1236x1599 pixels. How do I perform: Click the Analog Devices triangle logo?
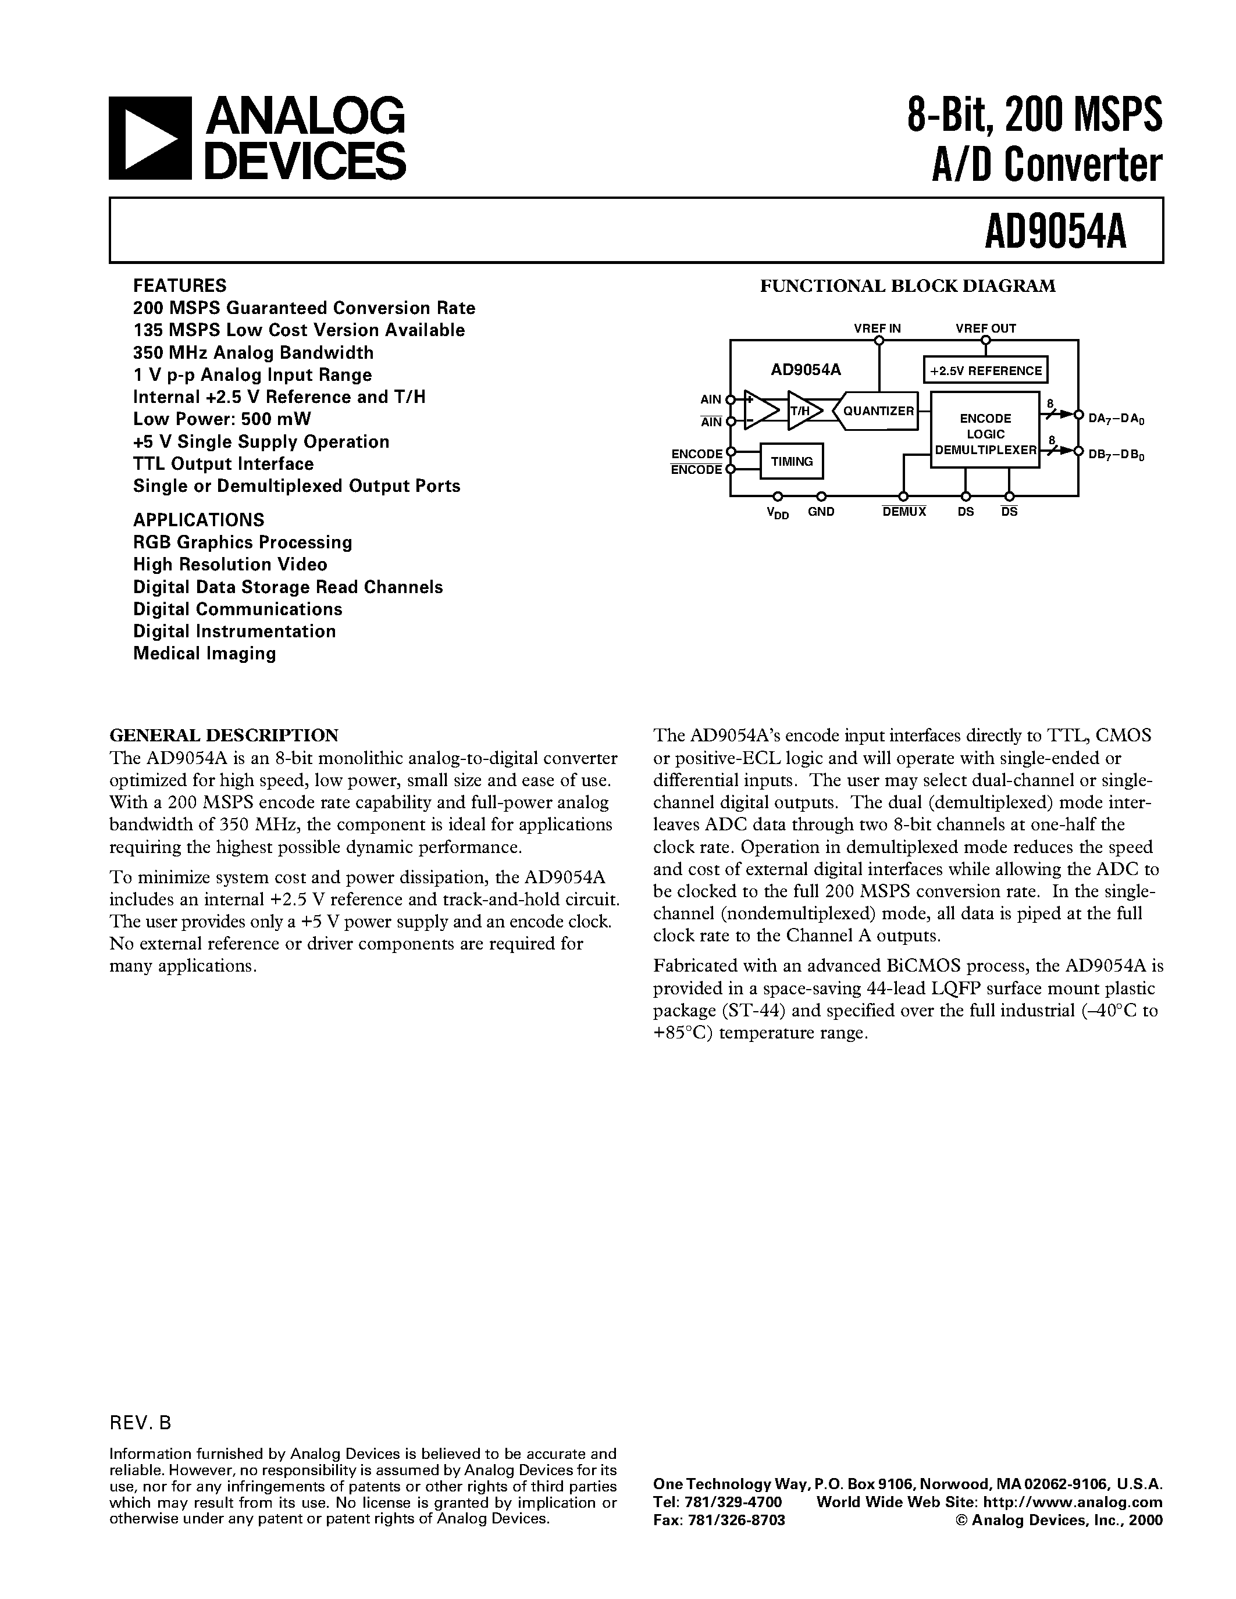(x=150, y=138)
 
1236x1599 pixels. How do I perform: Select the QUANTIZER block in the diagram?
(x=877, y=411)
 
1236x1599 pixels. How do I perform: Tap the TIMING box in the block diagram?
(x=792, y=461)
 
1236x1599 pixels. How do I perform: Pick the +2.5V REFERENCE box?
(x=985, y=370)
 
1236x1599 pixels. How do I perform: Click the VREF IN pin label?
(x=877, y=329)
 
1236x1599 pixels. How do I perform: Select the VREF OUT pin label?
(x=985, y=329)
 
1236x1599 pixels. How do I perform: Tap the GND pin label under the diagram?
(x=821, y=512)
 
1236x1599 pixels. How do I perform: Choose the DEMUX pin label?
(x=904, y=512)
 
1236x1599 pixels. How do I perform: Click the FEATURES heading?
(x=179, y=285)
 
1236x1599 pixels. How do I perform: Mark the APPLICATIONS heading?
(x=198, y=520)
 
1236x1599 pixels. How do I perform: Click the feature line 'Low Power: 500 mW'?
(x=222, y=419)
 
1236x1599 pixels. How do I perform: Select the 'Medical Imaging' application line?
(x=204, y=654)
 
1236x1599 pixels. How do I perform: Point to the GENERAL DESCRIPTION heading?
(x=224, y=735)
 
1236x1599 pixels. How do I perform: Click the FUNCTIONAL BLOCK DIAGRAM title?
(x=907, y=286)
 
